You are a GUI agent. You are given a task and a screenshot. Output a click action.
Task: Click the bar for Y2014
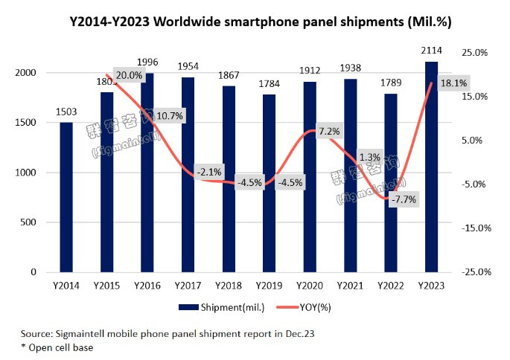point(66,197)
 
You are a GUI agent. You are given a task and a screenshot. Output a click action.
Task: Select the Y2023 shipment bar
point(431,167)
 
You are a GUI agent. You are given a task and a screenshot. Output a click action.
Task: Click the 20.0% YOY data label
point(129,75)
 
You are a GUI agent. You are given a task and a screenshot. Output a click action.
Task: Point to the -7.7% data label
point(403,199)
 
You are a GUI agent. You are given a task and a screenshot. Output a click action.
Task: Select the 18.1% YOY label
point(453,83)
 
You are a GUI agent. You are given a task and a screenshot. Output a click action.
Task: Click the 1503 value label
point(66,111)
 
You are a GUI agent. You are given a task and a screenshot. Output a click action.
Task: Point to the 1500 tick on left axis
point(28,122)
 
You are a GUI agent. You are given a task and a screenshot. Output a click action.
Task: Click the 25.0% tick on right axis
point(474,53)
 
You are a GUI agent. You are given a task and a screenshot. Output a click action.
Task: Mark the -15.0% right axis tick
point(474,228)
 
